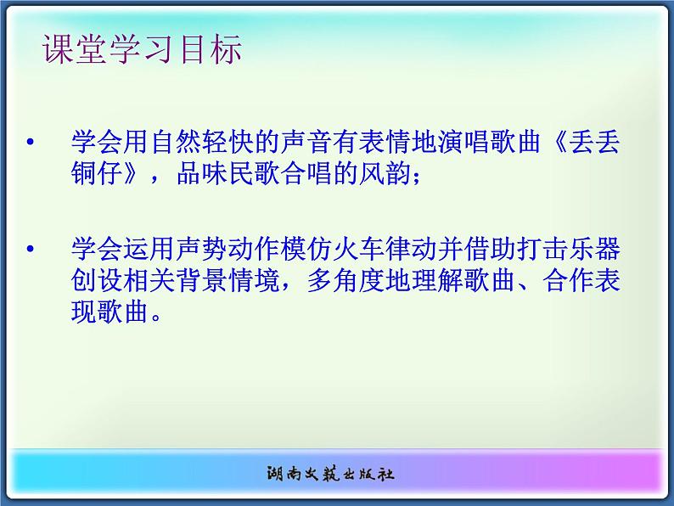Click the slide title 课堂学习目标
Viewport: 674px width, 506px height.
pyautogui.click(x=143, y=50)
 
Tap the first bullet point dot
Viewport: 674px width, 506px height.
pyautogui.click(x=31, y=142)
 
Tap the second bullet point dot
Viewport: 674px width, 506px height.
pyautogui.click(x=31, y=250)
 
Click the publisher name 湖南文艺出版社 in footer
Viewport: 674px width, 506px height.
pyautogui.click(x=338, y=474)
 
